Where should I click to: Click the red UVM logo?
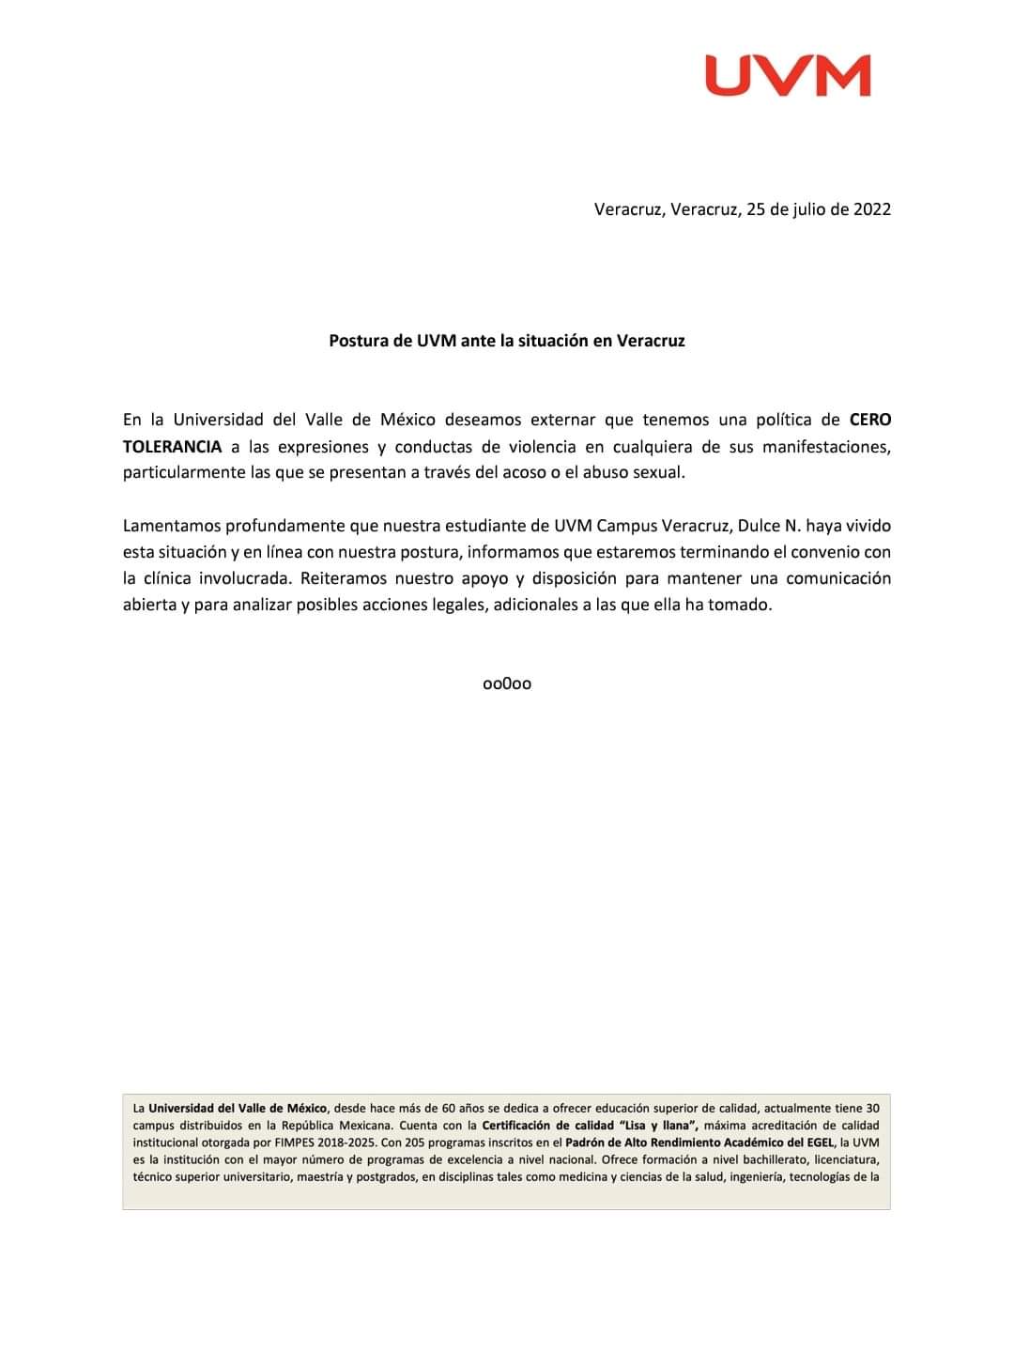click(x=788, y=75)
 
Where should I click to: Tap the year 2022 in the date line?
click(x=871, y=209)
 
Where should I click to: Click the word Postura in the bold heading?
click(x=359, y=341)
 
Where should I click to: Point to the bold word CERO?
click(x=870, y=420)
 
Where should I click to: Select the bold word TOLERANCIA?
click(x=173, y=446)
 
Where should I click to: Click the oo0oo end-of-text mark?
click(x=507, y=683)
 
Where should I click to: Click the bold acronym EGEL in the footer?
click(x=815, y=1143)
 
